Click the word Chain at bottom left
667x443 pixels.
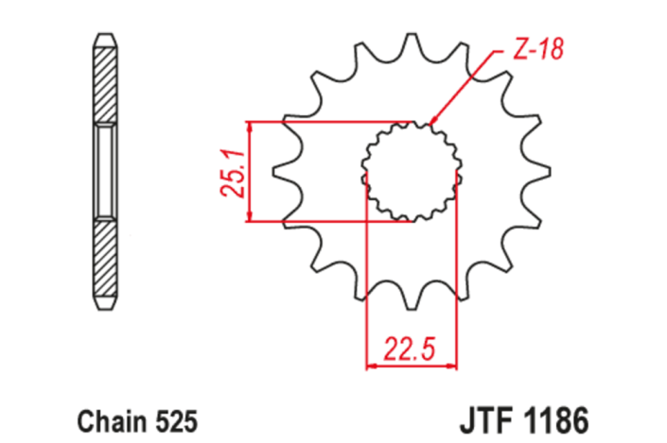click(x=105, y=417)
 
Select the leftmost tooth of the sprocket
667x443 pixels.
click(x=281, y=172)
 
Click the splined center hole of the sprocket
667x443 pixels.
click(x=411, y=172)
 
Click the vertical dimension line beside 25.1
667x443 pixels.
click(x=248, y=172)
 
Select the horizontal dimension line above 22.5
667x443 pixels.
click(x=411, y=363)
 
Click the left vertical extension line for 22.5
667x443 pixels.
click(x=367, y=283)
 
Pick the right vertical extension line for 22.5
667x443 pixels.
click(x=455, y=283)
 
